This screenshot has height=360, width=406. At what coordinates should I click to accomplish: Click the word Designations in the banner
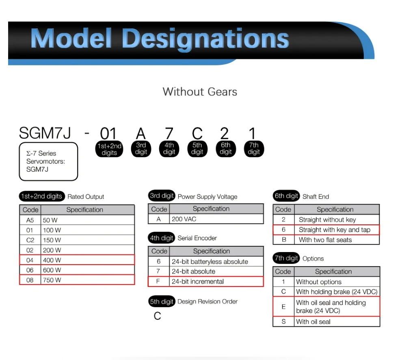click(205, 39)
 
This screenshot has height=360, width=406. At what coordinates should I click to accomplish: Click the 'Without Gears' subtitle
click(200, 92)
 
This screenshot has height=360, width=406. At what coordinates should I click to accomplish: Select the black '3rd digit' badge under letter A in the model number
click(141, 149)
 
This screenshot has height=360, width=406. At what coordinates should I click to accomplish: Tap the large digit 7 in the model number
click(169, 133)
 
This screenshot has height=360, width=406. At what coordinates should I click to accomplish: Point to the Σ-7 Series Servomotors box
click(48, 161)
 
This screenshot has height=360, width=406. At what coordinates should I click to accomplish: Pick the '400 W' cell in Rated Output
click(87, 260)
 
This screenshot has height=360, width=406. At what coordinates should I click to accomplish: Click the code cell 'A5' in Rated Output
click(30, 220)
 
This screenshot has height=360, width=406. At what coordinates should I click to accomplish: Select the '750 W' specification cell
click(87, 280)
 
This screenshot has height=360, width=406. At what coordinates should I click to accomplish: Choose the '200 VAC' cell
click(216, 219)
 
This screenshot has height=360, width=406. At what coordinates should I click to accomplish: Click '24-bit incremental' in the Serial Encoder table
click(216, 281)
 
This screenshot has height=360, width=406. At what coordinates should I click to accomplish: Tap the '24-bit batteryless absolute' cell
click(216, 261)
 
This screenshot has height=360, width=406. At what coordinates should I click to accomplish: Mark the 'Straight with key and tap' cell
click(336, 230)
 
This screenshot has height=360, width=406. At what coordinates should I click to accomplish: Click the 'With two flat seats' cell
click(336, 239)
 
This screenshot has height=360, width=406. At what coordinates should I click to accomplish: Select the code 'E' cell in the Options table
click(283, 306)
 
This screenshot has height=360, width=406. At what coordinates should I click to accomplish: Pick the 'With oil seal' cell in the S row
click(337, 321)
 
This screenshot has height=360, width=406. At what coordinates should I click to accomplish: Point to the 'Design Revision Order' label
click(207, 302)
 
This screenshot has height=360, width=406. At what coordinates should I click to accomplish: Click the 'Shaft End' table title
click(315, 196)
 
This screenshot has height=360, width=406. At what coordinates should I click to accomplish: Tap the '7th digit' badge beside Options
click(287, 258)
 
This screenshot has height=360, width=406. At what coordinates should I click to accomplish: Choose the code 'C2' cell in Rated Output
click(30, 240)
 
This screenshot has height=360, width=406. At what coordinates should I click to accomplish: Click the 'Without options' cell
click(337, 282)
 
